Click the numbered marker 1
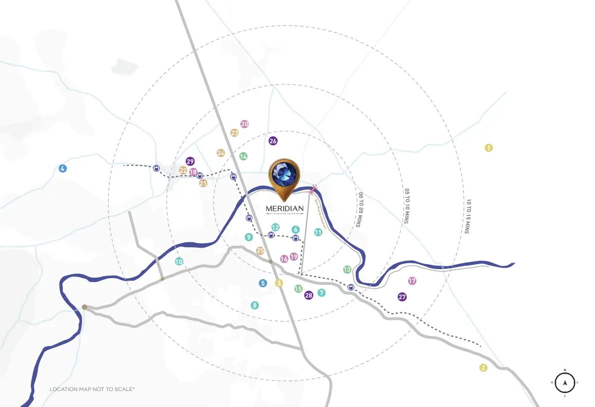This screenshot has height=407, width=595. pos(489,148)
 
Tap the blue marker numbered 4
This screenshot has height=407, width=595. pos(62,168)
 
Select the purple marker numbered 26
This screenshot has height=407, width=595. pos(273,141)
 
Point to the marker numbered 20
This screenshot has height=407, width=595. pos(244,124)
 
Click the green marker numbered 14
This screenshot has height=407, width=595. pos(243,156)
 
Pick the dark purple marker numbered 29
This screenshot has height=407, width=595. pos(190,161)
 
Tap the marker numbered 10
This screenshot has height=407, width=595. pos(179,261)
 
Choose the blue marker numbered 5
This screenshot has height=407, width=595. pos(263,283)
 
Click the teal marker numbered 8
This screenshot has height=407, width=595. pos(255,305)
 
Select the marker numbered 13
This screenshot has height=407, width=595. pos(347,270)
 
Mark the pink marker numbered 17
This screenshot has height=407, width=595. pos(412,281)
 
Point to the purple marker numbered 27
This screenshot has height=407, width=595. pos(402,297)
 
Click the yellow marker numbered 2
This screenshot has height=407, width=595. pos(483,368)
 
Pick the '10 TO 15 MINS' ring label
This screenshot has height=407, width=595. pos(468,217)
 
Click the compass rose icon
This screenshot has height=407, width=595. pos(565,383)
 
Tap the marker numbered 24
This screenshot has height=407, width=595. pos(221,153)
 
